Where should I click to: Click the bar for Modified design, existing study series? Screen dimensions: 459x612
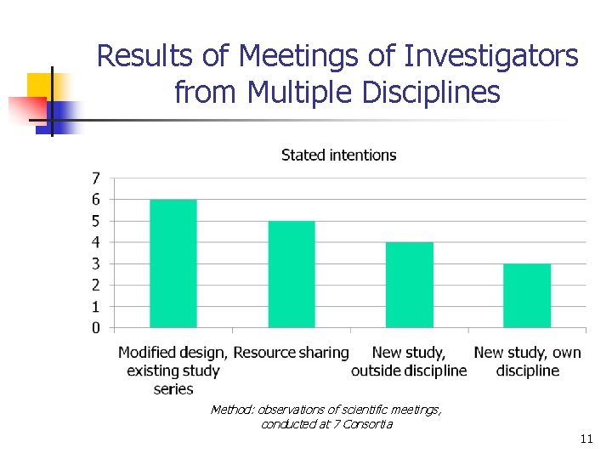pos(173,263)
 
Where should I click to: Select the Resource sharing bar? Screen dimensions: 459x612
pos(292,274)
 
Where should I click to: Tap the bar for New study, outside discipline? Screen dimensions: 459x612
pos(410,285)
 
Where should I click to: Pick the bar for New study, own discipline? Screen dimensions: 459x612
pos(527,295)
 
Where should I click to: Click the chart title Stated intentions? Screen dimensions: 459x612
pos(338,155)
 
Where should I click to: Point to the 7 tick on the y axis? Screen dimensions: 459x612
pos(96,178)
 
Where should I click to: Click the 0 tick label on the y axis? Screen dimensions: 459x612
pos(96,327)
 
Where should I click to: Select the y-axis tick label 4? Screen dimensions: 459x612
pos(96,242)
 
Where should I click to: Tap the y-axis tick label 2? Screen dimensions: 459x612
pos(96,285)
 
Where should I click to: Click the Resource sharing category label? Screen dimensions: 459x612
pos(292,352)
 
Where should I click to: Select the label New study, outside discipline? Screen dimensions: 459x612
pos(409,361)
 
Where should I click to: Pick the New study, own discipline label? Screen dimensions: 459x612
pos(527,361)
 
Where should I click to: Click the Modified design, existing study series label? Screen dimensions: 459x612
pos(173,370)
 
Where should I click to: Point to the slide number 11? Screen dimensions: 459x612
pos(585,439)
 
